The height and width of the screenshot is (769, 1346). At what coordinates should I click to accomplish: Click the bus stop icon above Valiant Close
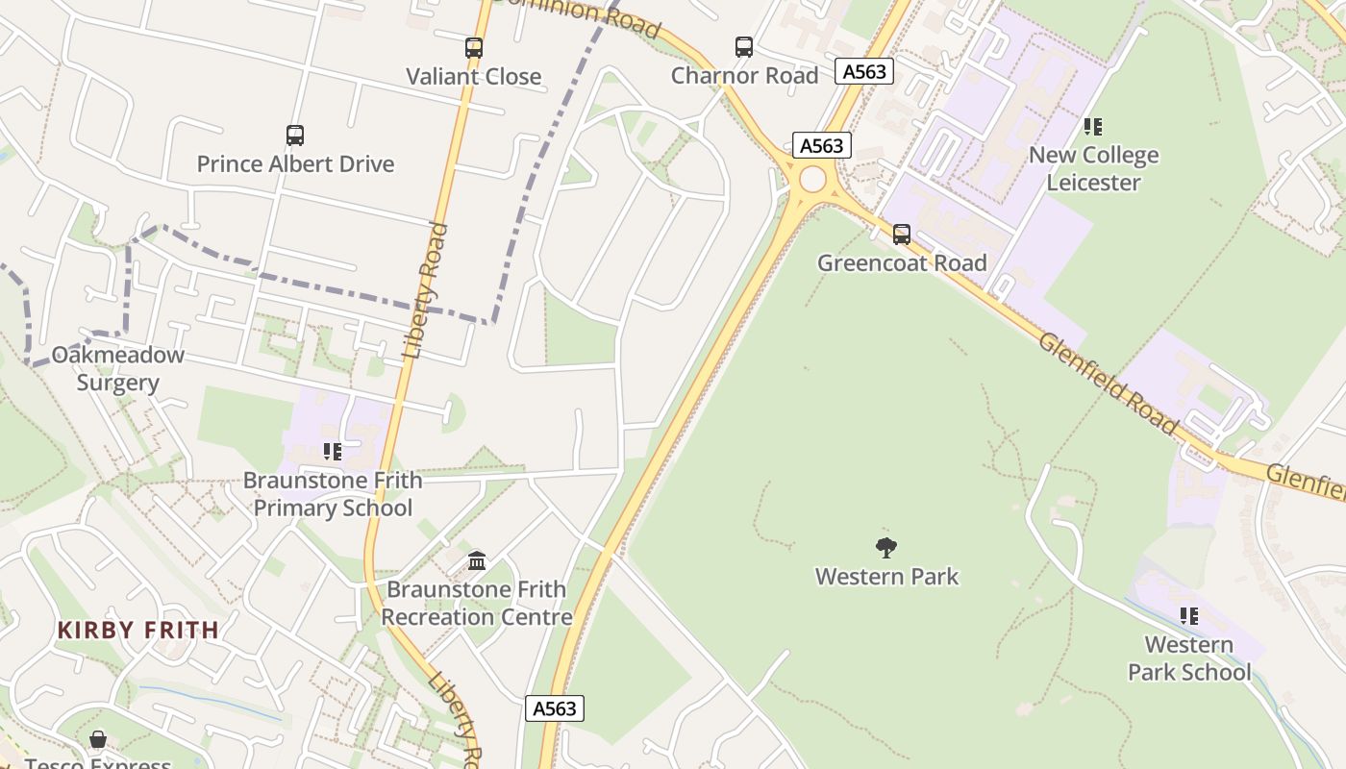tap(473, 47)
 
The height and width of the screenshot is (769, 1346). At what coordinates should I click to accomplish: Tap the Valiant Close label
tap(473, 77)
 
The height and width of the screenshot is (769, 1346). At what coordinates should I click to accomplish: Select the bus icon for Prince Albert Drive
tap(295, 136)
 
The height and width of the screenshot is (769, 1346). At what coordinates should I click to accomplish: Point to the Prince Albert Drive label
tap(295, 164)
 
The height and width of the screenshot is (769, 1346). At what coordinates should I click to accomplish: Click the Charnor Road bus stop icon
tap(743, 46)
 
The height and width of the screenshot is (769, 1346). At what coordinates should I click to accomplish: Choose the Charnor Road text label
tap(744, 76)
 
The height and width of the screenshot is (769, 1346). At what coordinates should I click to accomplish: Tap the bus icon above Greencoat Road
tap(901, 234)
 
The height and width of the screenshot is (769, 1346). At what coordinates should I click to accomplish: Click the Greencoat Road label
tap(902, 263)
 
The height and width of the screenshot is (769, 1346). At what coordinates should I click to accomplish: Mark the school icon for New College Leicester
tap(1092, 126)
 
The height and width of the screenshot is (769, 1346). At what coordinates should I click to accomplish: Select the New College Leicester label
tap(1093, 169)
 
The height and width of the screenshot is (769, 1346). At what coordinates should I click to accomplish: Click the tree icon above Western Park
tap(886, 548)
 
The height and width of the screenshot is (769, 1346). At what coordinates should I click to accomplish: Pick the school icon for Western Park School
tap(1189, 615)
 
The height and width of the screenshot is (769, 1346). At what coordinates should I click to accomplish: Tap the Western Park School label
tap(1189, 658)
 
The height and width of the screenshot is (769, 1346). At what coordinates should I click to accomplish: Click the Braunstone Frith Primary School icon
tap(333, 451)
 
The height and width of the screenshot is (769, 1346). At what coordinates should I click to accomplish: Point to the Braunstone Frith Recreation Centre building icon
tap(477, 559)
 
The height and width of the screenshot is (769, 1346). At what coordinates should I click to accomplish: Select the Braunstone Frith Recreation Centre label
tap(477, 603)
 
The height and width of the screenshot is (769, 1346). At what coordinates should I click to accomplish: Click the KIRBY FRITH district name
tap(138, 631)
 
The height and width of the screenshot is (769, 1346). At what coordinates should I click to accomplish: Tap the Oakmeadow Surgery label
tap(117, 369)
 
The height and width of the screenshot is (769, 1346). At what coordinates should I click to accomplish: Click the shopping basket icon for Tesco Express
tap(98, 738)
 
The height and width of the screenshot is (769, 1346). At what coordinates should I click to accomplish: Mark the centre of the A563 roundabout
tap(812, 179)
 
